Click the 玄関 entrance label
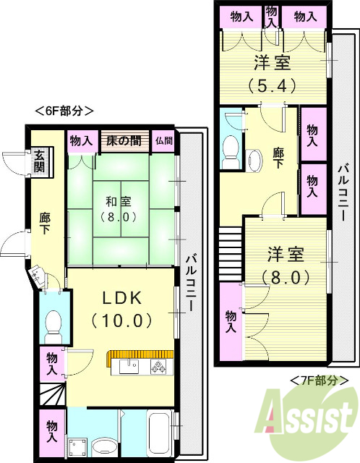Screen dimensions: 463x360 pyautogui.click(x=38, y=161)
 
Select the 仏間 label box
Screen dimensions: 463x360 pyautogui.click(x=163, y=140)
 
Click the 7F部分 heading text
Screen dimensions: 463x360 pyautogui.click(x=319, y=379)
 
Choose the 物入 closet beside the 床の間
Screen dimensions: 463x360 pyautogui.click(x=81, y=140)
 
